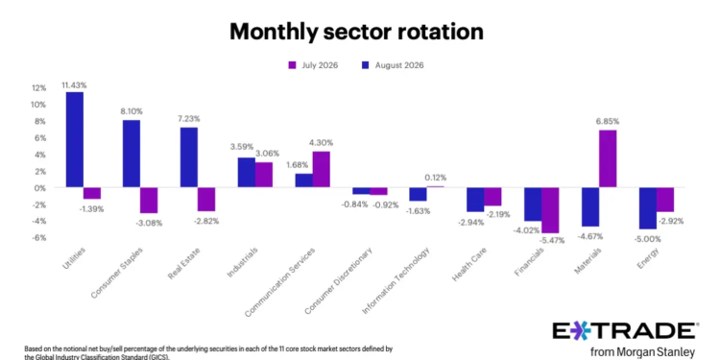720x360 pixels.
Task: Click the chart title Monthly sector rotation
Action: [356, 32]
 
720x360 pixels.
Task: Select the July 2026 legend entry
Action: [312, 65]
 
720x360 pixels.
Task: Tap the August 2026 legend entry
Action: [392, 65]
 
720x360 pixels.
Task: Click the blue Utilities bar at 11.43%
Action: [75, 139]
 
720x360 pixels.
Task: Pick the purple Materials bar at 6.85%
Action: [608, 158]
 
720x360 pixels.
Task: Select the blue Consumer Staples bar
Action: [132, 154]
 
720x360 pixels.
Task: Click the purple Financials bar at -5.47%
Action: [550, 210]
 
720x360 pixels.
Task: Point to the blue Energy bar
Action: [647, 208]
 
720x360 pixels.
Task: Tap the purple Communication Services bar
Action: [321, 169]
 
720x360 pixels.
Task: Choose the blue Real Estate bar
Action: [189, 157]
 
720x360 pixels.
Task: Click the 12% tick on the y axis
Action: [39, 87]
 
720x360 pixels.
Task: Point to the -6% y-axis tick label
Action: [39, 237]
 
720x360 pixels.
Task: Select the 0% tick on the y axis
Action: [42, 188]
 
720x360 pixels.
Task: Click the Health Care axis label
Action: [469, 265]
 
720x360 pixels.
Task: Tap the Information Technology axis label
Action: [396, 281]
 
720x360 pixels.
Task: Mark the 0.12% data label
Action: [435, 178]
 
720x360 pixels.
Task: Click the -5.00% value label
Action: [647, 239]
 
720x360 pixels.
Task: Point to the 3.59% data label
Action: [242, 148]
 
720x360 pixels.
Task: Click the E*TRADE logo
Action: [625, 330]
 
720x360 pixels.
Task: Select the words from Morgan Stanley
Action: [642, 352]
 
